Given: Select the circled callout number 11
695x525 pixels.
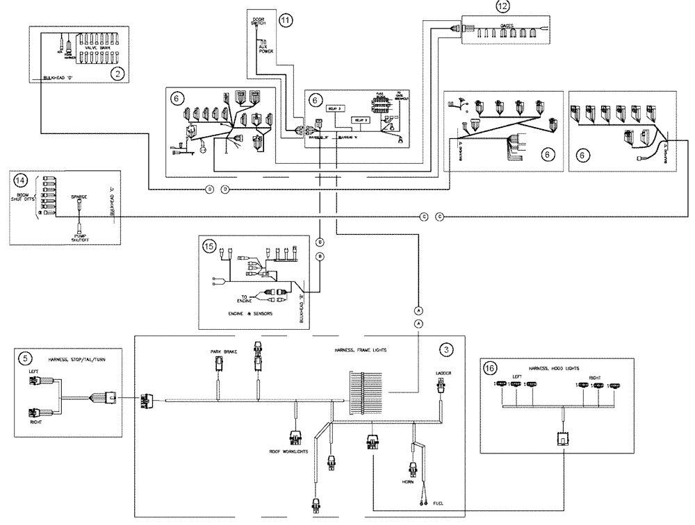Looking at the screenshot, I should pyautogui.click(x=286, y=19).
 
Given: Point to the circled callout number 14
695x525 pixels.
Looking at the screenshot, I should pyautogui.click(x=19, y=179).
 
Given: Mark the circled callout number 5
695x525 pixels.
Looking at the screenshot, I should pyautogui.click(x=26, y=358).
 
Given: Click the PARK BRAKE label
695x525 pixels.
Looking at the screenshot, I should pyautogui.click(x=224, y=352).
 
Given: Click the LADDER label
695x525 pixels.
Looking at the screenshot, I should pyautogui.click(x=444, y=374).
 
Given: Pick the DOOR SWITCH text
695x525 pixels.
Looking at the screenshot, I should pyautogui.click(x=259, y=19).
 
